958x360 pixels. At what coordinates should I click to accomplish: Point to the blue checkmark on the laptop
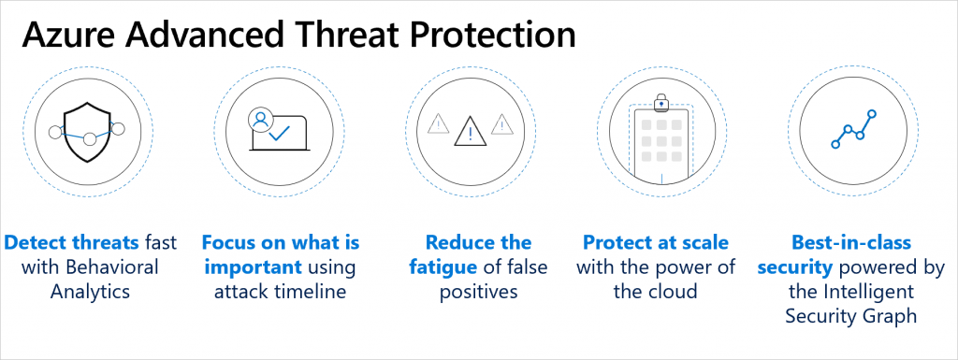click(x=278, y=133)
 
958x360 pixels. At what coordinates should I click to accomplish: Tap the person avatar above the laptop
click(x=261, y=119)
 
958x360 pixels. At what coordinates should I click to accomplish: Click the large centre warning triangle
click(x=471, y=131)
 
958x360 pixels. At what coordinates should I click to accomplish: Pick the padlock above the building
click(x=661, y=103)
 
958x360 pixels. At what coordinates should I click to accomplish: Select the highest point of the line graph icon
click(x=872, y=113)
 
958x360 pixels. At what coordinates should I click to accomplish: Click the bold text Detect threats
click(x=71, y=243)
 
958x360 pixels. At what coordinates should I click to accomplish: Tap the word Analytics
click(x=90, y=292)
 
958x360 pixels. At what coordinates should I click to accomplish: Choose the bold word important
click(x=253, y=267)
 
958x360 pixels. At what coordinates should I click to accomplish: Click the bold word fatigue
click(x=443, y=267)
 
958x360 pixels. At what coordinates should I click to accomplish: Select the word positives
click(x=478, y=292)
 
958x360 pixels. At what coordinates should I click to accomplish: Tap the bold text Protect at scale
click(x=656, y=243)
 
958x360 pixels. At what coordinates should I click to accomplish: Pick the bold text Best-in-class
click(x=851, y=243)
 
